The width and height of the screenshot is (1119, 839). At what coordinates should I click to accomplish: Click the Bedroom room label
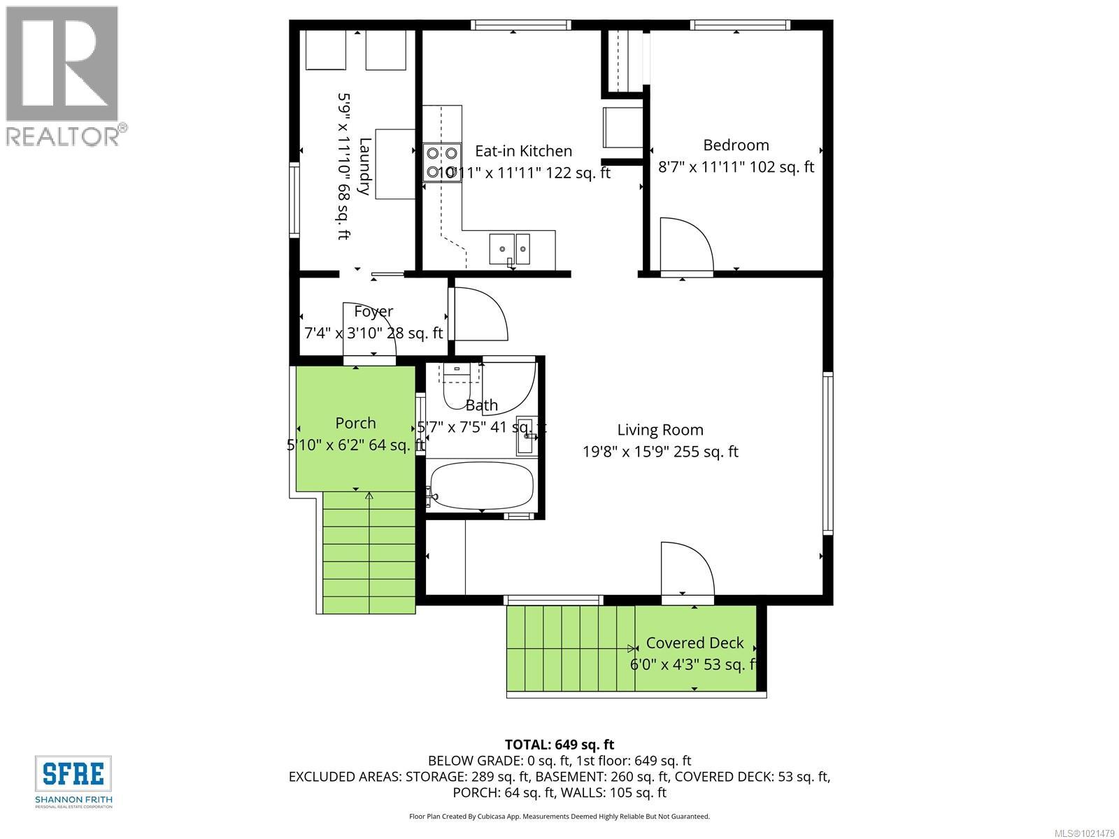pos(736,145)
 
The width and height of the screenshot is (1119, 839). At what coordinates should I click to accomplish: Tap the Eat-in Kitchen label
pos(523,151)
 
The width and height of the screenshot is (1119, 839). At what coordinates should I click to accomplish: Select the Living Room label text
pos(660,430)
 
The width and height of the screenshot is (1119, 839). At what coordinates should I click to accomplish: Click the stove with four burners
pos(442,162)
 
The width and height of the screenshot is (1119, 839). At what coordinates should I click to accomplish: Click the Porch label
pos(355,423)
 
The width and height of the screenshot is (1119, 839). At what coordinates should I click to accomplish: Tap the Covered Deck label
pos(694,643)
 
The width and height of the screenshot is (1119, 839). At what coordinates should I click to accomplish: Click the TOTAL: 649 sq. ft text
pos(559,745)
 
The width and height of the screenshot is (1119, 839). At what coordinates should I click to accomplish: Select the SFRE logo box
pos(73,773)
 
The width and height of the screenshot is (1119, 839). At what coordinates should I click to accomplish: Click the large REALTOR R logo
pos(62,64)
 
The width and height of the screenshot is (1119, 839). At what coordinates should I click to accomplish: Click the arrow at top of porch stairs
pos(369,497)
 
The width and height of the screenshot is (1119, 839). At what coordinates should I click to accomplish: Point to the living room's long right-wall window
pos(828,453)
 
